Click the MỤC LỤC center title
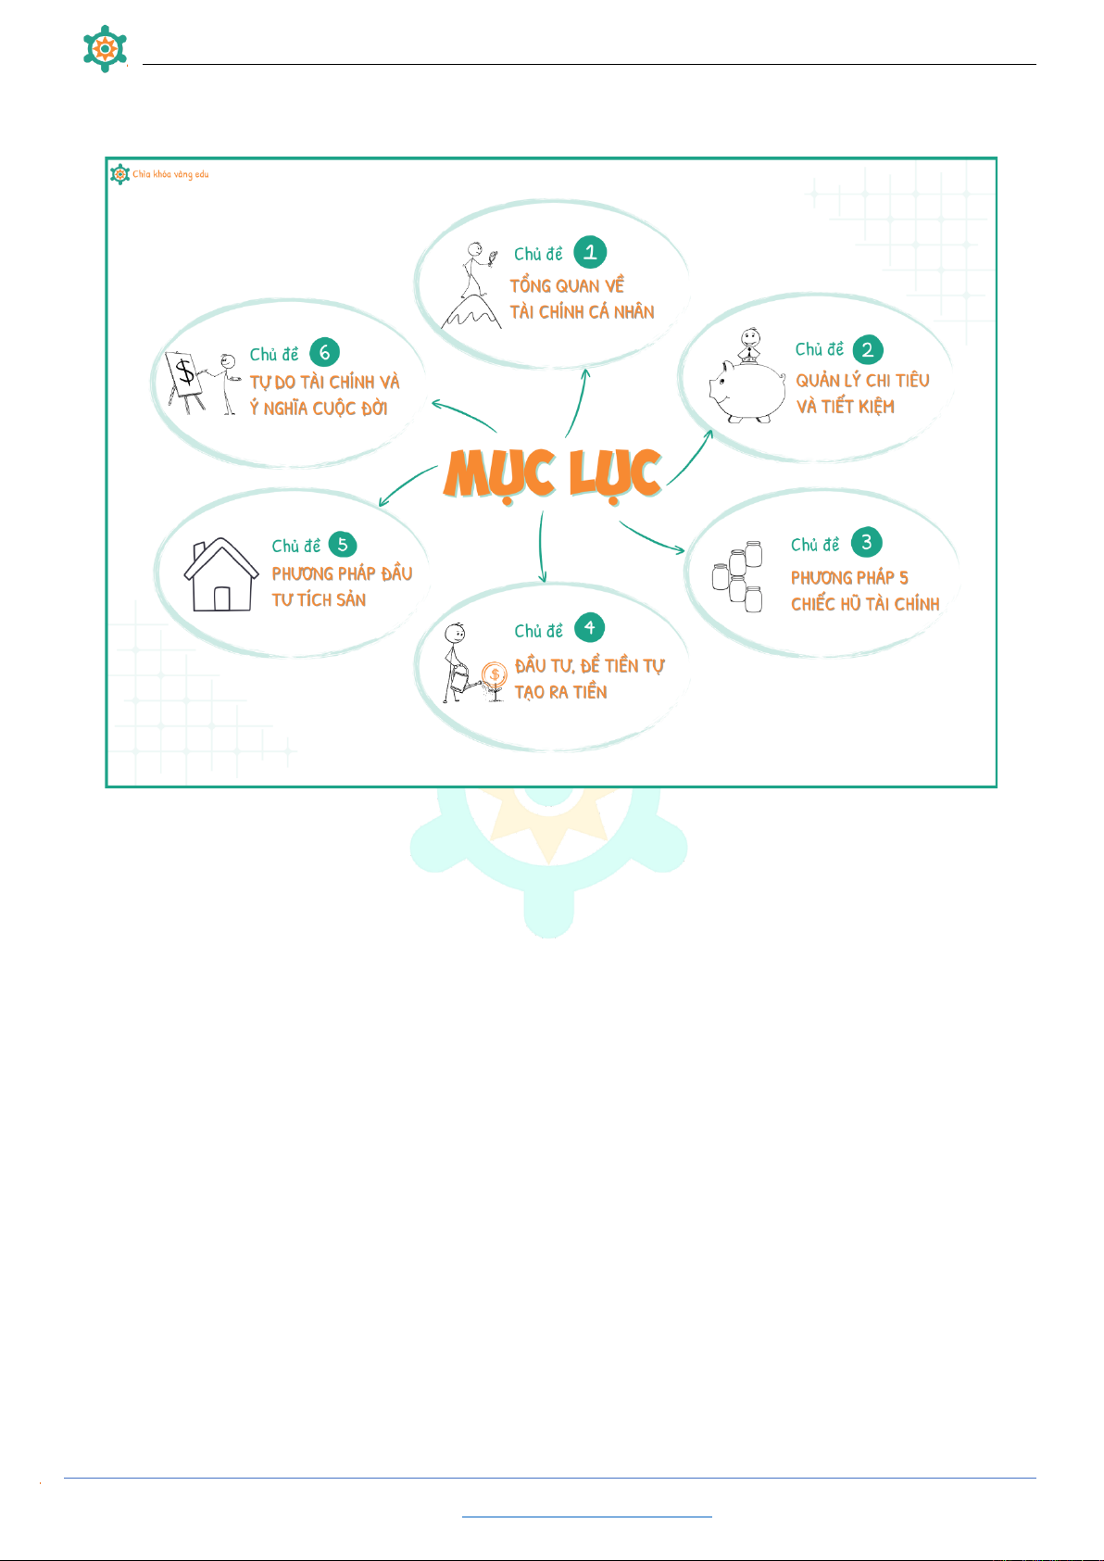(x=552, y=473)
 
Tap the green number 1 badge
(x=590, y=252)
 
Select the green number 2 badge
(x=868, y=349)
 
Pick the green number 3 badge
(x=866, y=542)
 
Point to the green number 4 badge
(x=589, y=628)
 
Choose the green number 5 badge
(x=343, y=545)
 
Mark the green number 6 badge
(x=324, y=352)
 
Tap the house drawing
(x=221, y=575)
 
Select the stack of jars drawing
(x=738, y=576)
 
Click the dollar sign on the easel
(x=186, y=372)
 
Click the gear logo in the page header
(x=105, y=48)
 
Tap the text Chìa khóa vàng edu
(x=170, y=174)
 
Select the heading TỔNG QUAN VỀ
(x=567, y=285)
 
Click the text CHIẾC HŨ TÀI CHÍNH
(x=865, y=604)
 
